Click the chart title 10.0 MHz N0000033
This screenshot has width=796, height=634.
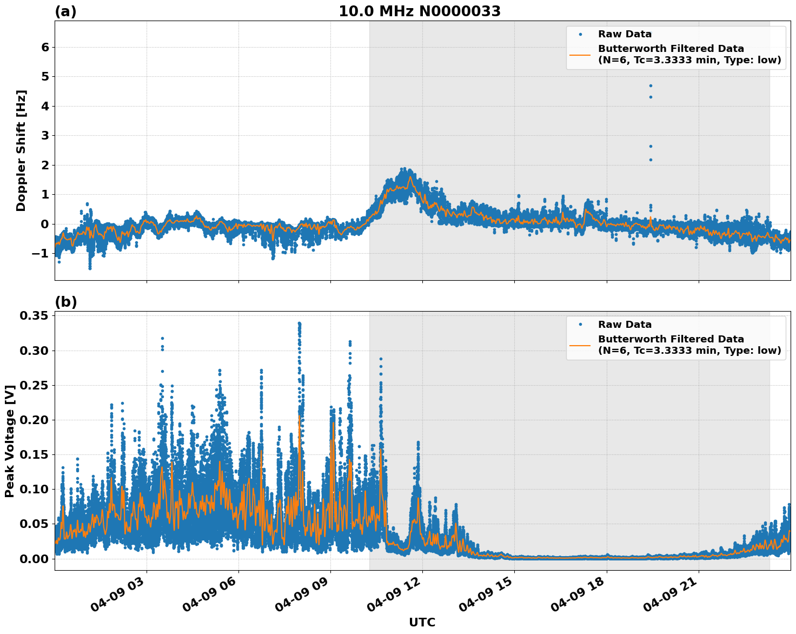[419, 11]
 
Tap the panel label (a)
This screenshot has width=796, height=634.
[65, 12]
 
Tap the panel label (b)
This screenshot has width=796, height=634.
[65, 302]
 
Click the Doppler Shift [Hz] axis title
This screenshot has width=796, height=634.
[21, 150]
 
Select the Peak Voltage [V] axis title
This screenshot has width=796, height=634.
[9, 441]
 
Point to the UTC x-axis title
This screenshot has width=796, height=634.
[422, 622]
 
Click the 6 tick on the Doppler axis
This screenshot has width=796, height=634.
[45, 47]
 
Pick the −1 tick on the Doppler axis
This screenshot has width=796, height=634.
[41, 253]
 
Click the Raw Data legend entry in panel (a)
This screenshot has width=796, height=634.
[625, 34]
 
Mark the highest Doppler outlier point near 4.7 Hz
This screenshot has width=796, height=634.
[651, 85]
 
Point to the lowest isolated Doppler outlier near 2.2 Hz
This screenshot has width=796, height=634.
[651, 160]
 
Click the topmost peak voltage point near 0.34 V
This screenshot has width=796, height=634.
[299, 323]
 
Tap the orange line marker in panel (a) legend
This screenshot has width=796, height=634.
[580, 54]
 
